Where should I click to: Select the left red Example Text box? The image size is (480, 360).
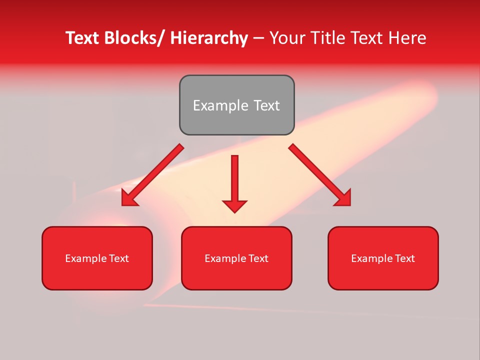coord(97,258)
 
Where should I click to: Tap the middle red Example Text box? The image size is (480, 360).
coord(236,258)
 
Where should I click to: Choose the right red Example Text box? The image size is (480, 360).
coord(383,258)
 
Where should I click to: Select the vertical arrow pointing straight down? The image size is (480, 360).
coord(234,180)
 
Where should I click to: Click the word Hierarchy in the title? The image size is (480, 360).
coord(209,38)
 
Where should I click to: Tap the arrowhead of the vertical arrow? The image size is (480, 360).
coord(234,205)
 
